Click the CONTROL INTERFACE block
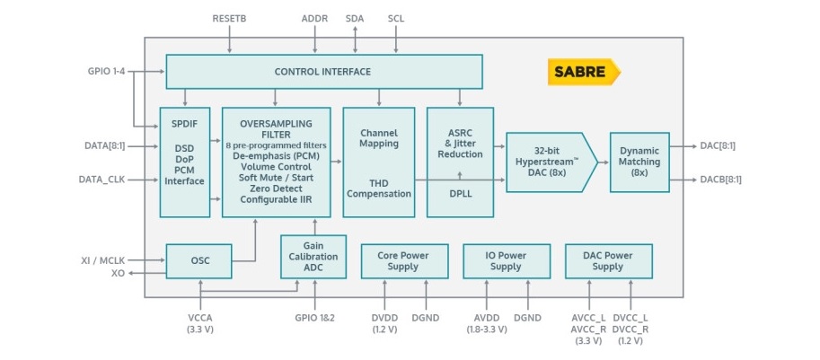tap(323, 72)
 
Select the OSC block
tap(198, 261)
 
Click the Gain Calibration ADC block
tap(313, 256)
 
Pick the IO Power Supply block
tap(505, 260)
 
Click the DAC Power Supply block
tap(608, 260)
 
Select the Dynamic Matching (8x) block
tap(639, 162)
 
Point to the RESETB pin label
tap(231, 18)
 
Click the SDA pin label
tap(355, 18)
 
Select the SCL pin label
tap(396, 18)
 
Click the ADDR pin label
tap(314, 18)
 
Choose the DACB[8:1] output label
tap(720, 179)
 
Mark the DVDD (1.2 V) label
tap(384, 322)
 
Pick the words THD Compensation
tap(378, 189)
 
